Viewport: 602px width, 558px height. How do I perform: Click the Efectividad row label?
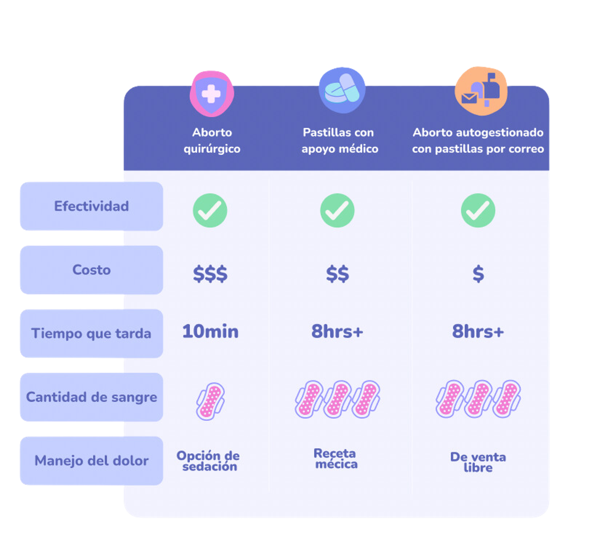[x=91, y=206]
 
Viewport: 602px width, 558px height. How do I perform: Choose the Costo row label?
[x=91, y=270]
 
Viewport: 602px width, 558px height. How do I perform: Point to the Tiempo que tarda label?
[x=91, y=333]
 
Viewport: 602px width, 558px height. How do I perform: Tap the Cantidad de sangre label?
[x=91, y=397]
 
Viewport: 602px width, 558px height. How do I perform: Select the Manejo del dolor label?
[x=91, y=461]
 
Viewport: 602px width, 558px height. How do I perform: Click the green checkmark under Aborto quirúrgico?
[x=210, y=210]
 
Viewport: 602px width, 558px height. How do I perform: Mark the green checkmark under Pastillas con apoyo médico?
[x=337, y=210]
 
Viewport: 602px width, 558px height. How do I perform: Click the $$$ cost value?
[x=210, y=274]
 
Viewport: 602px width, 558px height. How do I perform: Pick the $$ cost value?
[x=337, y=274]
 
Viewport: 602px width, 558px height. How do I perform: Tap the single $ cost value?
[x=478, y=274]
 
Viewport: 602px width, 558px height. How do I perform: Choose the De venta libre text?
[x=478, y=462]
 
